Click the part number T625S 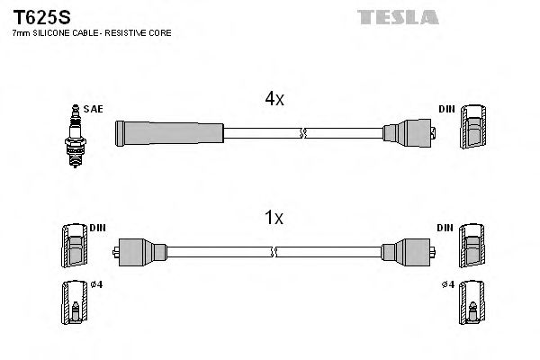click(x=36, y=16)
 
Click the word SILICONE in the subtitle click(x=51, y=33)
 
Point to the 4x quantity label click(x=274, y=100)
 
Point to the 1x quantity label click(x=274, y=217)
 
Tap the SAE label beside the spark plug click(x=93, y=109)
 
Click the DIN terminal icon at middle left click(x=75, y=245)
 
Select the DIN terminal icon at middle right click(x=472, y=245)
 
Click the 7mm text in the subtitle click(x=20, y=33)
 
